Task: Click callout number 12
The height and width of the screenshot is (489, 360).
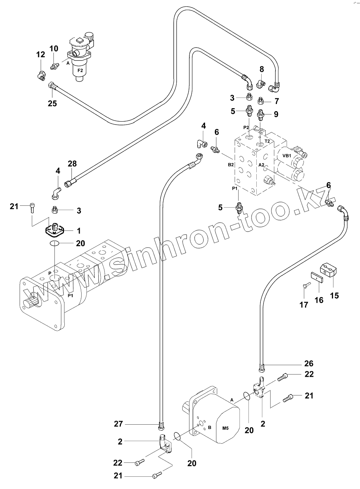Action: [x=40, y=55]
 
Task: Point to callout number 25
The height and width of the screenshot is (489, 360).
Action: [x=52, y=103]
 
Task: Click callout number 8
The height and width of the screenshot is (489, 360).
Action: [x=262, y=69]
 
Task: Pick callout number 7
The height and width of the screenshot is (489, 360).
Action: [x=277, y=101]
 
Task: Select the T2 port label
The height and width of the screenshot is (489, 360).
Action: [x=267, y=141]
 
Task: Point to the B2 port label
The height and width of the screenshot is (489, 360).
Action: [x=231, y=164]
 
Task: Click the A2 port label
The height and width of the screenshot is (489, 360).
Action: [x=261, y=165]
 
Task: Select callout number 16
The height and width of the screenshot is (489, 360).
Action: [x=318, y=300]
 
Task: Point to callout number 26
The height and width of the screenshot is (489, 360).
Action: [x=309, y=363]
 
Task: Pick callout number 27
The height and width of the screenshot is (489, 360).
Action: [x=119, y=424]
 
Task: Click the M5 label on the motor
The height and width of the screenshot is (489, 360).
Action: [x=225, y=428]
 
